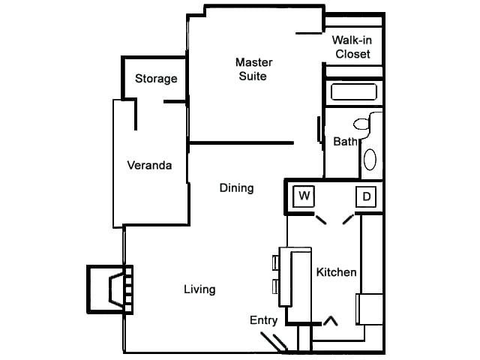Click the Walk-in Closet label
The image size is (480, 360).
(352, 46)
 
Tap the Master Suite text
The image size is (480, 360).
(253, 69)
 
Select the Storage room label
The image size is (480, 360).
(156, 79)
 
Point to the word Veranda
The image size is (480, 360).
(149, 165)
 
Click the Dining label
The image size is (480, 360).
(236, 187)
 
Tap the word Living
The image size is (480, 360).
(199, 289)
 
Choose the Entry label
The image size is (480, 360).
(264, 320)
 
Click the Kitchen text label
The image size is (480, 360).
(335, 272)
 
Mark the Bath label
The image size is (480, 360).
(345, 141)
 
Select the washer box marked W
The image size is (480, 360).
(304, 196)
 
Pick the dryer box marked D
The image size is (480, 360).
(366, 196)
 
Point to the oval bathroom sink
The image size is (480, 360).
(370, 159)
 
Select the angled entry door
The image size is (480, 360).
(279, 342)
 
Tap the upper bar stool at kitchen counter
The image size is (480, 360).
(275, 262)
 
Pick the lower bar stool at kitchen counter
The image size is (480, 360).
(275, 286)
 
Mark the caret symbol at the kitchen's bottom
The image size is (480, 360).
(330, 321)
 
